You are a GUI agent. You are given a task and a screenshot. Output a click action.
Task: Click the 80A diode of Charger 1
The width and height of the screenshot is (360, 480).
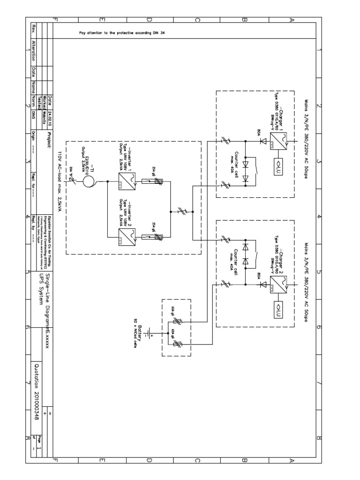pos(263,140)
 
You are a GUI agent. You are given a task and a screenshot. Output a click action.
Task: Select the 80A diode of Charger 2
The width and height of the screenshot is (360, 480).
pos(263,284)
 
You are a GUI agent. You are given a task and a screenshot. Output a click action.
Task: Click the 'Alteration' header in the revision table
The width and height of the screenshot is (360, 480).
pos(33,53)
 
